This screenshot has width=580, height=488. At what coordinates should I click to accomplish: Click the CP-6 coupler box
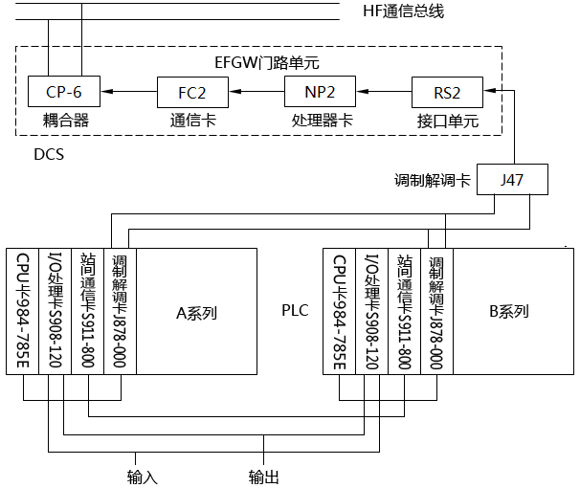click(64, 93)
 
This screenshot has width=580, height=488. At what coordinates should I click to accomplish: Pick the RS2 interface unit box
click(448, 93)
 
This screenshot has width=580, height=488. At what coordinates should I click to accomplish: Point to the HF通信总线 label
click(404, 11)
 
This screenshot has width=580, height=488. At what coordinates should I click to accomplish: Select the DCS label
click(49, 153)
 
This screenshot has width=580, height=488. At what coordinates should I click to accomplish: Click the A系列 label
click(197, 312)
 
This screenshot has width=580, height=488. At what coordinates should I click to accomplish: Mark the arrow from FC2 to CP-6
click(129, 93)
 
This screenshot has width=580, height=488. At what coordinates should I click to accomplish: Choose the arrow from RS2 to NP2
click(384, 93)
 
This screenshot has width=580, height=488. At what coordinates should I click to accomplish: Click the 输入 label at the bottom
click(143, 476)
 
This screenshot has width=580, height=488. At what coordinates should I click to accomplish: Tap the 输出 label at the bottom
click(264, 476)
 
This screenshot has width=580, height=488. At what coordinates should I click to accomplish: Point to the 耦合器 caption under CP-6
click(65, 122)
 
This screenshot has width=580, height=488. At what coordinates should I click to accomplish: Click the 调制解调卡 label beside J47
click(433, 179)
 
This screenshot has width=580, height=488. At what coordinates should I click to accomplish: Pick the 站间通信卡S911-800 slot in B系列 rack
click(404, 312)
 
